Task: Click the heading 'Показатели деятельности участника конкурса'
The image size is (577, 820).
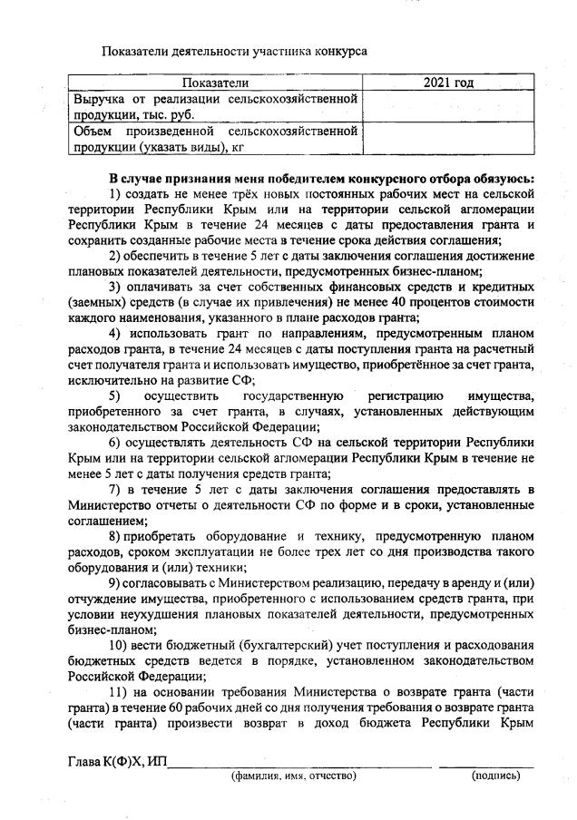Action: (x=234, y=51)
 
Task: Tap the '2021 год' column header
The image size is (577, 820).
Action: (x=448, y=83)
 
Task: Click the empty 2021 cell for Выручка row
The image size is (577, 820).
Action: (x=448, y=106)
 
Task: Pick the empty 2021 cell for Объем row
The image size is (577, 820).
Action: (x=448, y=139)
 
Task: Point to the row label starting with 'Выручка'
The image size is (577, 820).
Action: (x=214, y=106)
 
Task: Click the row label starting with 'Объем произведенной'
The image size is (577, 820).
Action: (x=214, y=139)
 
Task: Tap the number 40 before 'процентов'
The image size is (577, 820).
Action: (x=380, y=301)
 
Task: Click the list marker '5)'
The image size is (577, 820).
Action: (x=115, y=395)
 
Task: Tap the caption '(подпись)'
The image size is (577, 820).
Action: (x=494, y=776)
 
